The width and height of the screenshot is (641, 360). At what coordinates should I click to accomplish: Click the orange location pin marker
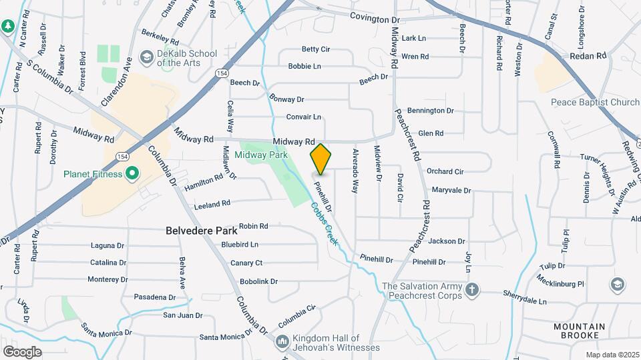(320, 159)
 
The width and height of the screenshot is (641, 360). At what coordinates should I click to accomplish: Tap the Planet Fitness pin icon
(132, 174)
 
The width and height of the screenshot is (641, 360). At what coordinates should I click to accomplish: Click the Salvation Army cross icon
(472, 289)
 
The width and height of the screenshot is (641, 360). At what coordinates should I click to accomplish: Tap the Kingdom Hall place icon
(282, 342)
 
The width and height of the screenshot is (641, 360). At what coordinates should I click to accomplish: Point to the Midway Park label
(261, 155)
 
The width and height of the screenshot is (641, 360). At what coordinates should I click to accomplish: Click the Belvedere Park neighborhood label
(202, 231)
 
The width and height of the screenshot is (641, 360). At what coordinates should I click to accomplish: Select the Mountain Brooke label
(579, 331)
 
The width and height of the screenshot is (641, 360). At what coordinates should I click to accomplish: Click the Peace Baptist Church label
(595, 102)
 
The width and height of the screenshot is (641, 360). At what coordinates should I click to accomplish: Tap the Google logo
(22, 351)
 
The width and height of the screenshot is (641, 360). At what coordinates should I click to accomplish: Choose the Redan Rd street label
(588, 57)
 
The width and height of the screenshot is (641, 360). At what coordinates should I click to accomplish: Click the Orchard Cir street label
(445, 171)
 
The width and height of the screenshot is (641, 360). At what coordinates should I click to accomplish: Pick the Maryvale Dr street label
(451, 190)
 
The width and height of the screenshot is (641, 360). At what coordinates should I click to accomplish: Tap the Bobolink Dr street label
(258, 281)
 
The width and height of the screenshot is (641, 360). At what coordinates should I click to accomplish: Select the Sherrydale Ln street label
(525, 301)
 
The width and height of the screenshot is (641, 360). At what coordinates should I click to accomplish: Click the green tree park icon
(8, 26)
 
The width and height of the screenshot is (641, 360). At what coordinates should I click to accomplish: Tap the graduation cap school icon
(618, 285)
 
